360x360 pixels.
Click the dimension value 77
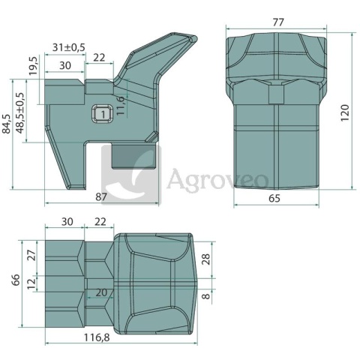pos(278,22)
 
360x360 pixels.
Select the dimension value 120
pos(345,113)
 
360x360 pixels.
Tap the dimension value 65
pos(274,199)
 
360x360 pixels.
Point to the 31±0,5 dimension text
pos(69,47)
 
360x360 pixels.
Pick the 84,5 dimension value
pos(6,124)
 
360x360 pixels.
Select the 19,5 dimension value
pos(33,66)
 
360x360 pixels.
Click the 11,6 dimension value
pos(121,106)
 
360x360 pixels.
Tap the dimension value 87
pos(101,197)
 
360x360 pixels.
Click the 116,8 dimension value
pos(97,337)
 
